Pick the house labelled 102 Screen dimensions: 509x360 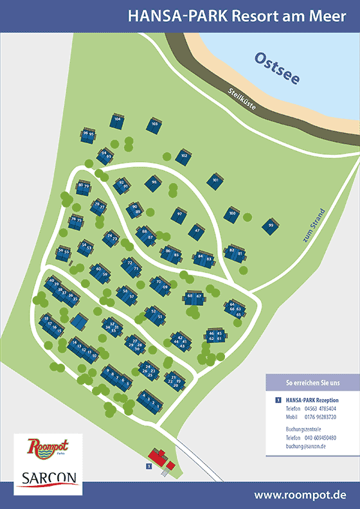tap(184, 156)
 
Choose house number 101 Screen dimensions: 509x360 tap(216, 181)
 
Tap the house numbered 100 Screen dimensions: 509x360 tap(232, 214)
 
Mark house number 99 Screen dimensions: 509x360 tap(271, 226)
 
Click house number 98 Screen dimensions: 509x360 tap(154, 183)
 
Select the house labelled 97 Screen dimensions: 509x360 tap(180, 213)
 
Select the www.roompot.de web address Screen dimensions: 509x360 tap(300, 496)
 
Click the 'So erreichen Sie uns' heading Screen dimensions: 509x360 tap(312, 384)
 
